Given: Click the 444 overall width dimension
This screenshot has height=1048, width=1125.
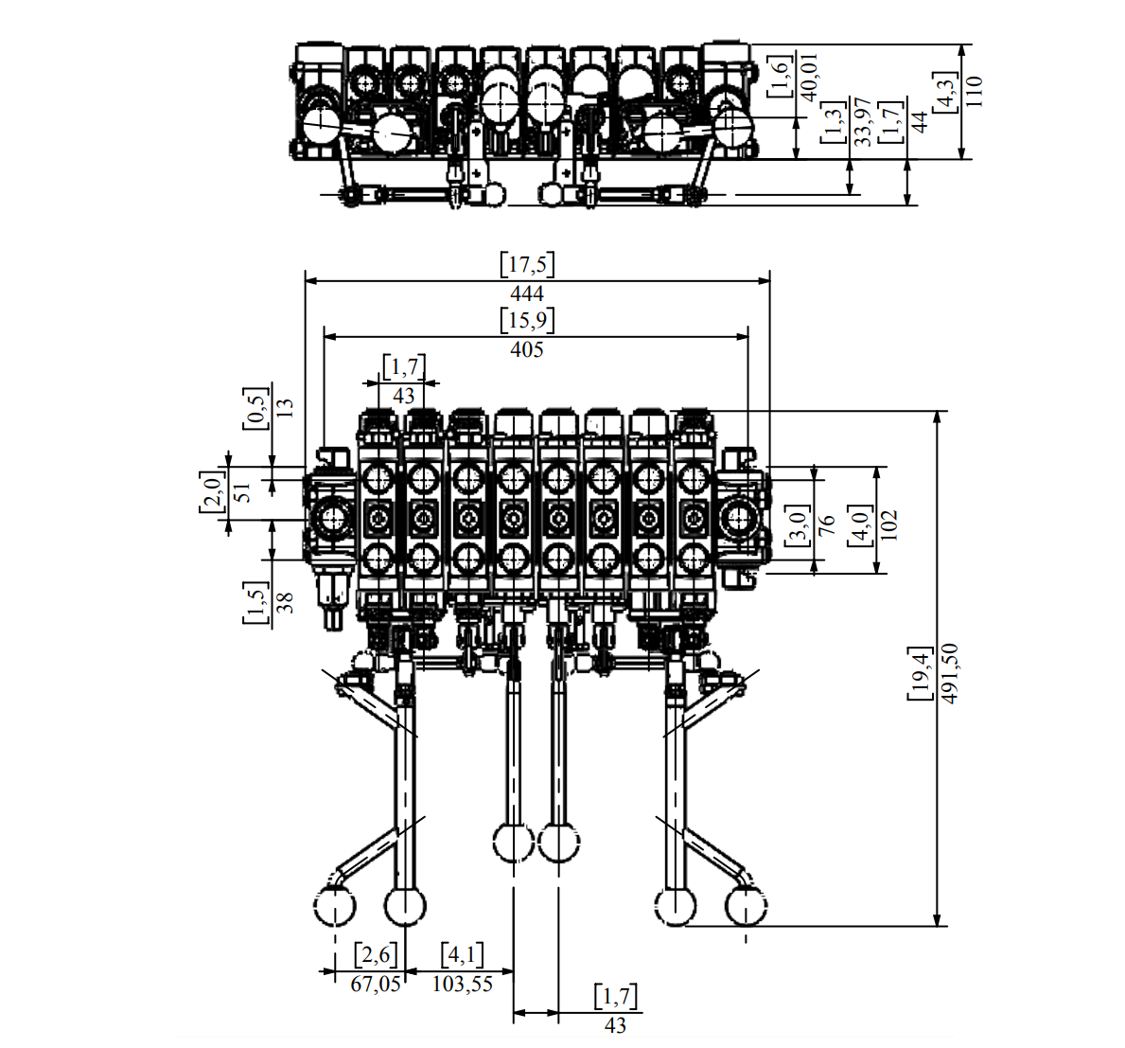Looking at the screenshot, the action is coord(527,293).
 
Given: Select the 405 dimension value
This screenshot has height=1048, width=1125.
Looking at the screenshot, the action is coord(527,349).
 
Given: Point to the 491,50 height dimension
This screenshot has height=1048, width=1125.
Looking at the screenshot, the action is coord(949,673).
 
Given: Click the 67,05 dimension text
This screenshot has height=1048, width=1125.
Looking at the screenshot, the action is coord(376,985).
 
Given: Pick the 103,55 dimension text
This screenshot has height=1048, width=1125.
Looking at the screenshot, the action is coord(463,985).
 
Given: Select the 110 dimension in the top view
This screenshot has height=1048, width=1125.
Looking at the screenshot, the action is coord(973,91).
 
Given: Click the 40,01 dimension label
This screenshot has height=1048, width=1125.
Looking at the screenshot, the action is coord(809,77).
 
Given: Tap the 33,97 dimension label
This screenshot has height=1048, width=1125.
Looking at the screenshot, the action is coord(862,122).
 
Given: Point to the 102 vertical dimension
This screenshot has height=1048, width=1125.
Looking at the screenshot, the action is coord(888,524).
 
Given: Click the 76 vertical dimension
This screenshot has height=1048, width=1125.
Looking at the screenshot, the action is coord(826,524).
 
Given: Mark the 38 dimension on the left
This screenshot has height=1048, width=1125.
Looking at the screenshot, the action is coord(285,602).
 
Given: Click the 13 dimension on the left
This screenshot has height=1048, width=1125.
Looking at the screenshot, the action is coord(285,408).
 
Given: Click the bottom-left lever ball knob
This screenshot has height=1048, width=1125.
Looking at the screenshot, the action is coord(334,906).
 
